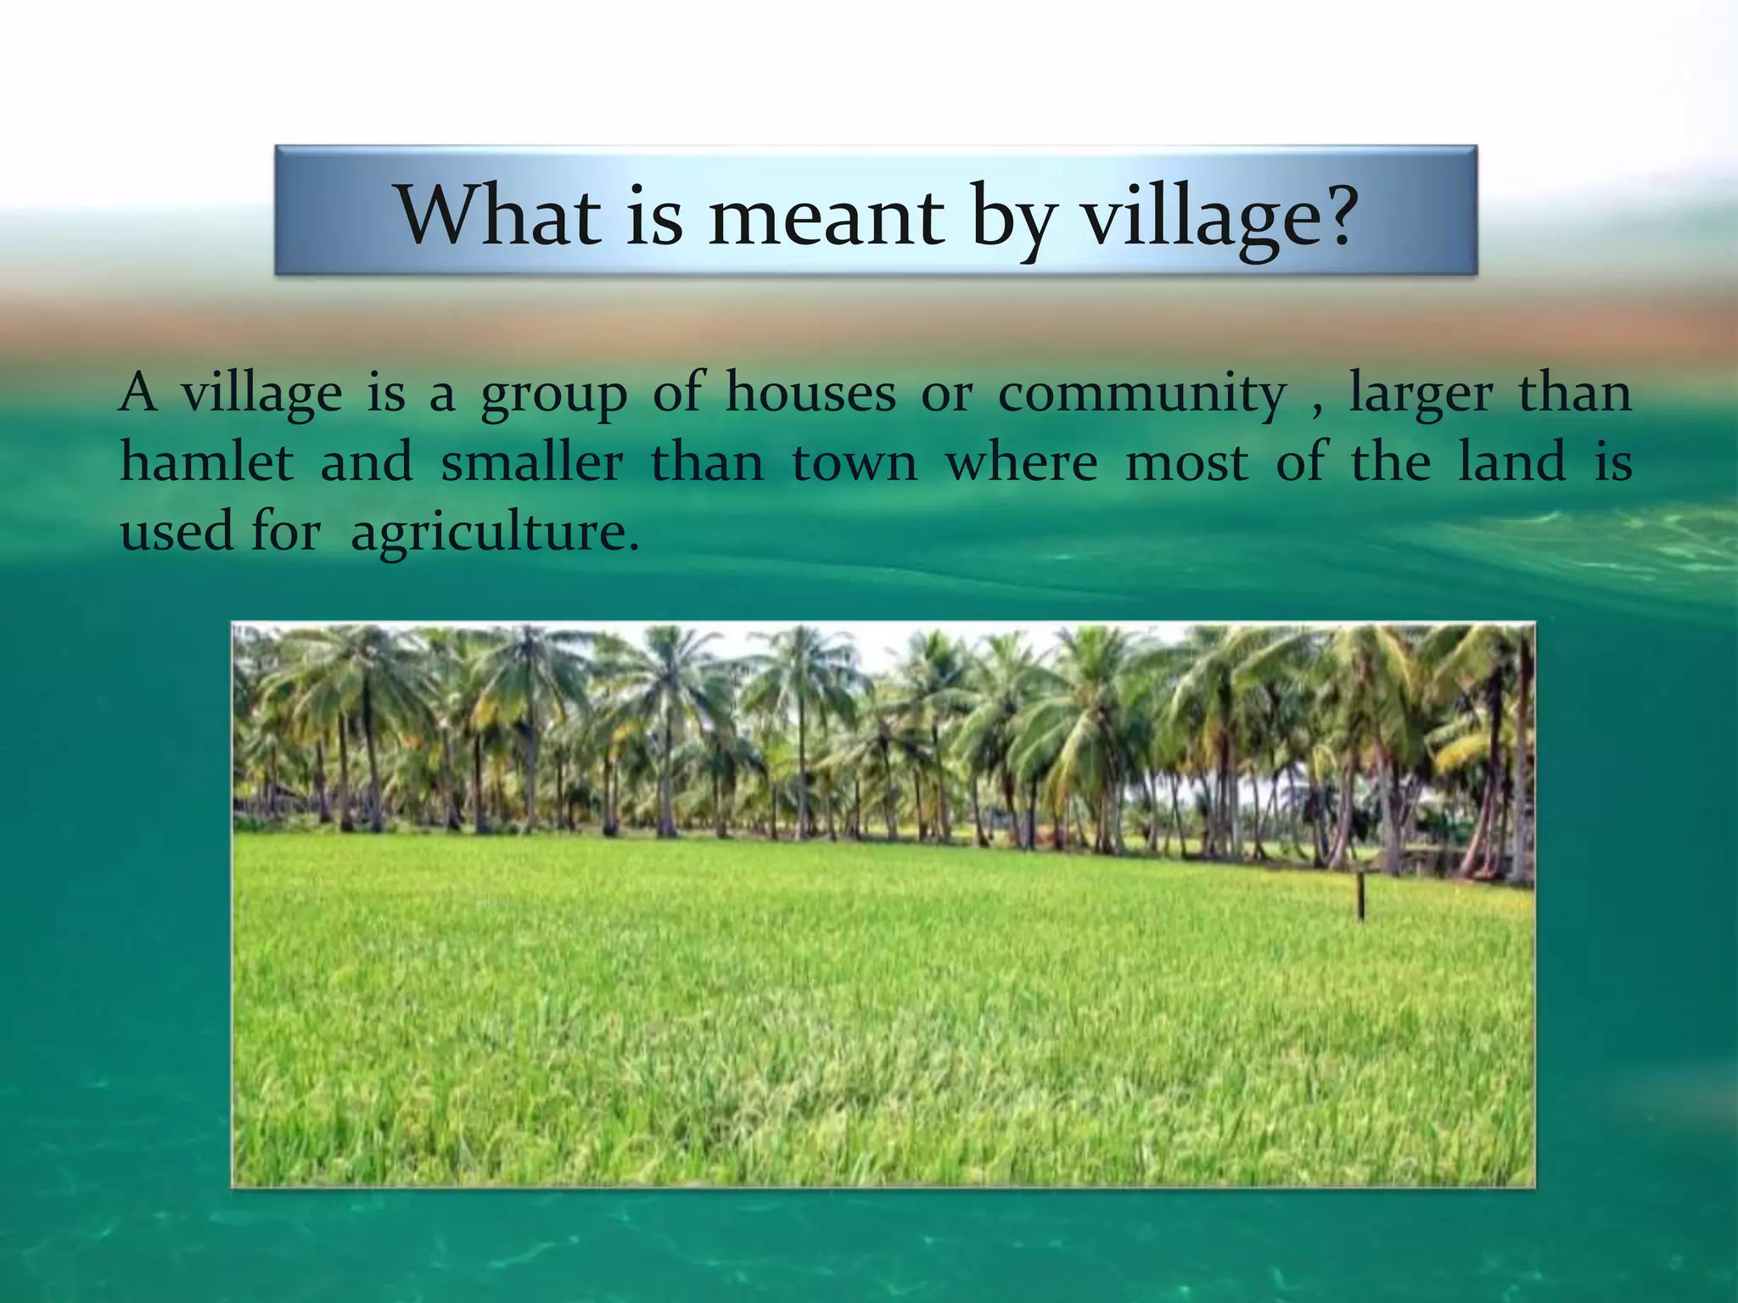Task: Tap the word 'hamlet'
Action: (x=206, y=462)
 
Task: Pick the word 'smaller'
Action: (x=532, y=462)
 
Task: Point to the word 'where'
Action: (x=1022, y=462)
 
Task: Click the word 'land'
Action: (x=1512, y=462)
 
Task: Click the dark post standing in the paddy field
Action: (x=1361, y=896)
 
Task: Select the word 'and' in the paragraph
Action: (x=367, y=462)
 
